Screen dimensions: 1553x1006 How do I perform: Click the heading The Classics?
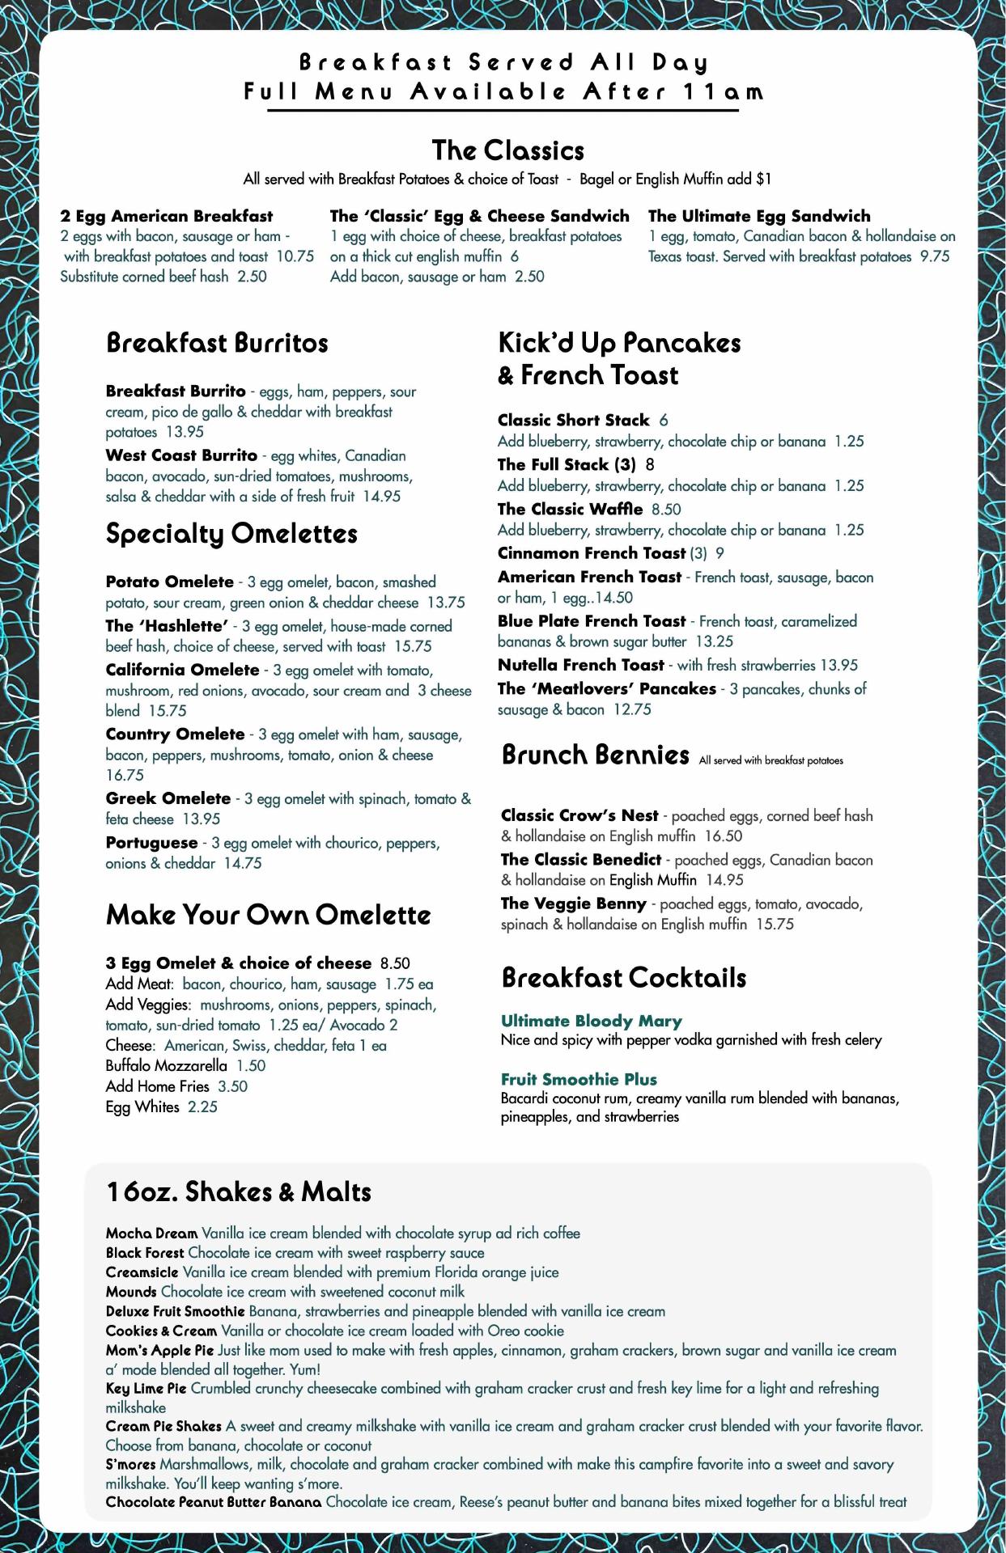507,150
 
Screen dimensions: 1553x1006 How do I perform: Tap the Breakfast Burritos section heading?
217,343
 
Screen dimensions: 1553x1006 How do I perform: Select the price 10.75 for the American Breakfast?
295,256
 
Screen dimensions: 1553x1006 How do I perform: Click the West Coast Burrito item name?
181,455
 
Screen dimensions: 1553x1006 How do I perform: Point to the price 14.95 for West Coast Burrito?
381,497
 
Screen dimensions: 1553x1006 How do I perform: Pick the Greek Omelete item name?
168,798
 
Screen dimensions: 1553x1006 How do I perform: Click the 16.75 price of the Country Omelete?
125,775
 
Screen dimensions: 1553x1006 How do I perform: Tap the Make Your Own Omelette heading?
268,915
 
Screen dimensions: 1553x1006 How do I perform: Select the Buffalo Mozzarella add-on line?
185,1066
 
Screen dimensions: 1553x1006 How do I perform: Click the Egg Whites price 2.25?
202,1107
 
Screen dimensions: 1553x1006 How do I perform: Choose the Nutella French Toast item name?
580,665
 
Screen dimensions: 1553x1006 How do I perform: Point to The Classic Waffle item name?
570,509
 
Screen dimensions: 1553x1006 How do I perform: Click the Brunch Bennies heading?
595,755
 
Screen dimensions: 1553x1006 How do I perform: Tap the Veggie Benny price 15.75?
775,924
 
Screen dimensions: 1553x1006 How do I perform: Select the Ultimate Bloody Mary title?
591,1021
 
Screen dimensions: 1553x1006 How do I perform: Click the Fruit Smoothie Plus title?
579,1079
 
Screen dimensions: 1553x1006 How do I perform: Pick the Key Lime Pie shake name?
146,1389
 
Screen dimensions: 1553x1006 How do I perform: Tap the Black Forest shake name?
145,1253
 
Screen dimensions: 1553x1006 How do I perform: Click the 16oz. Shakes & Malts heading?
239,1191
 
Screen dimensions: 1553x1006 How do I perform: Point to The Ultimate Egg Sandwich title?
759,216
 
